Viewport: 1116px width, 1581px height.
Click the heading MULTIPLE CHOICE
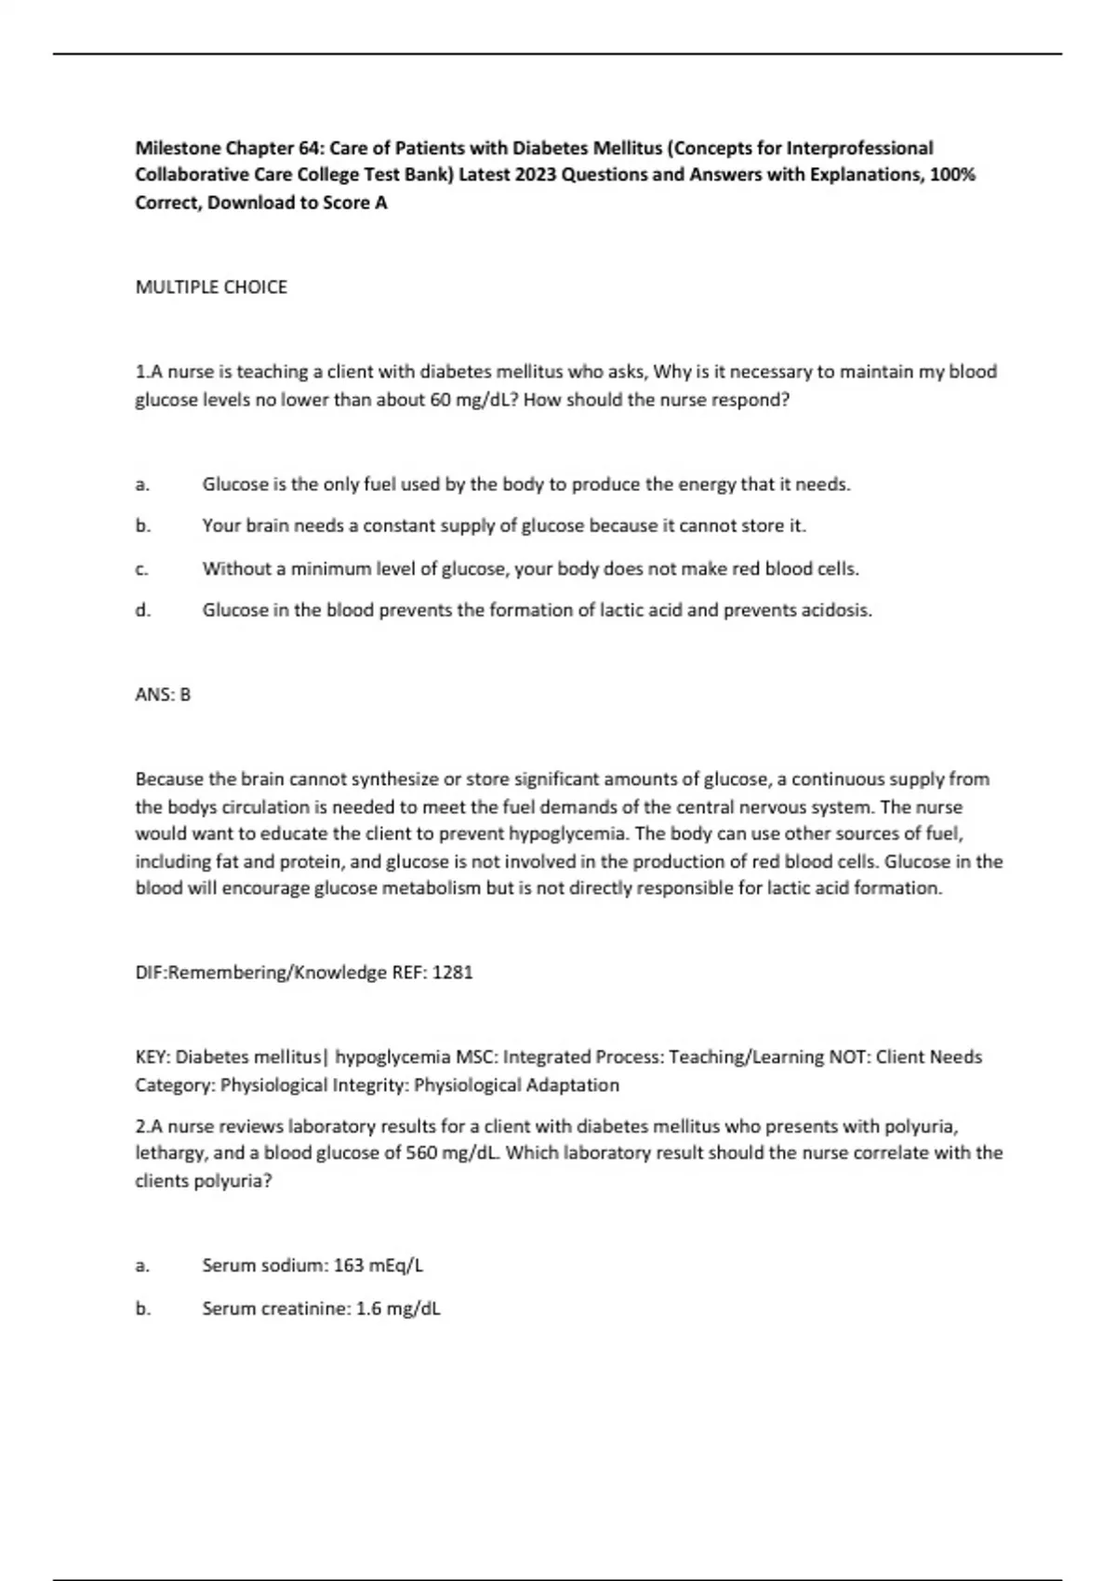click(x=211, y=287)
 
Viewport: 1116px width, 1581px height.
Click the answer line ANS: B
click(x=163, y=695)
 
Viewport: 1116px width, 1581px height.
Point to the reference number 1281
click(x=453, y=973)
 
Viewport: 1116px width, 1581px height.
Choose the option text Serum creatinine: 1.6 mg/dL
click(x=321, y=1309)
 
